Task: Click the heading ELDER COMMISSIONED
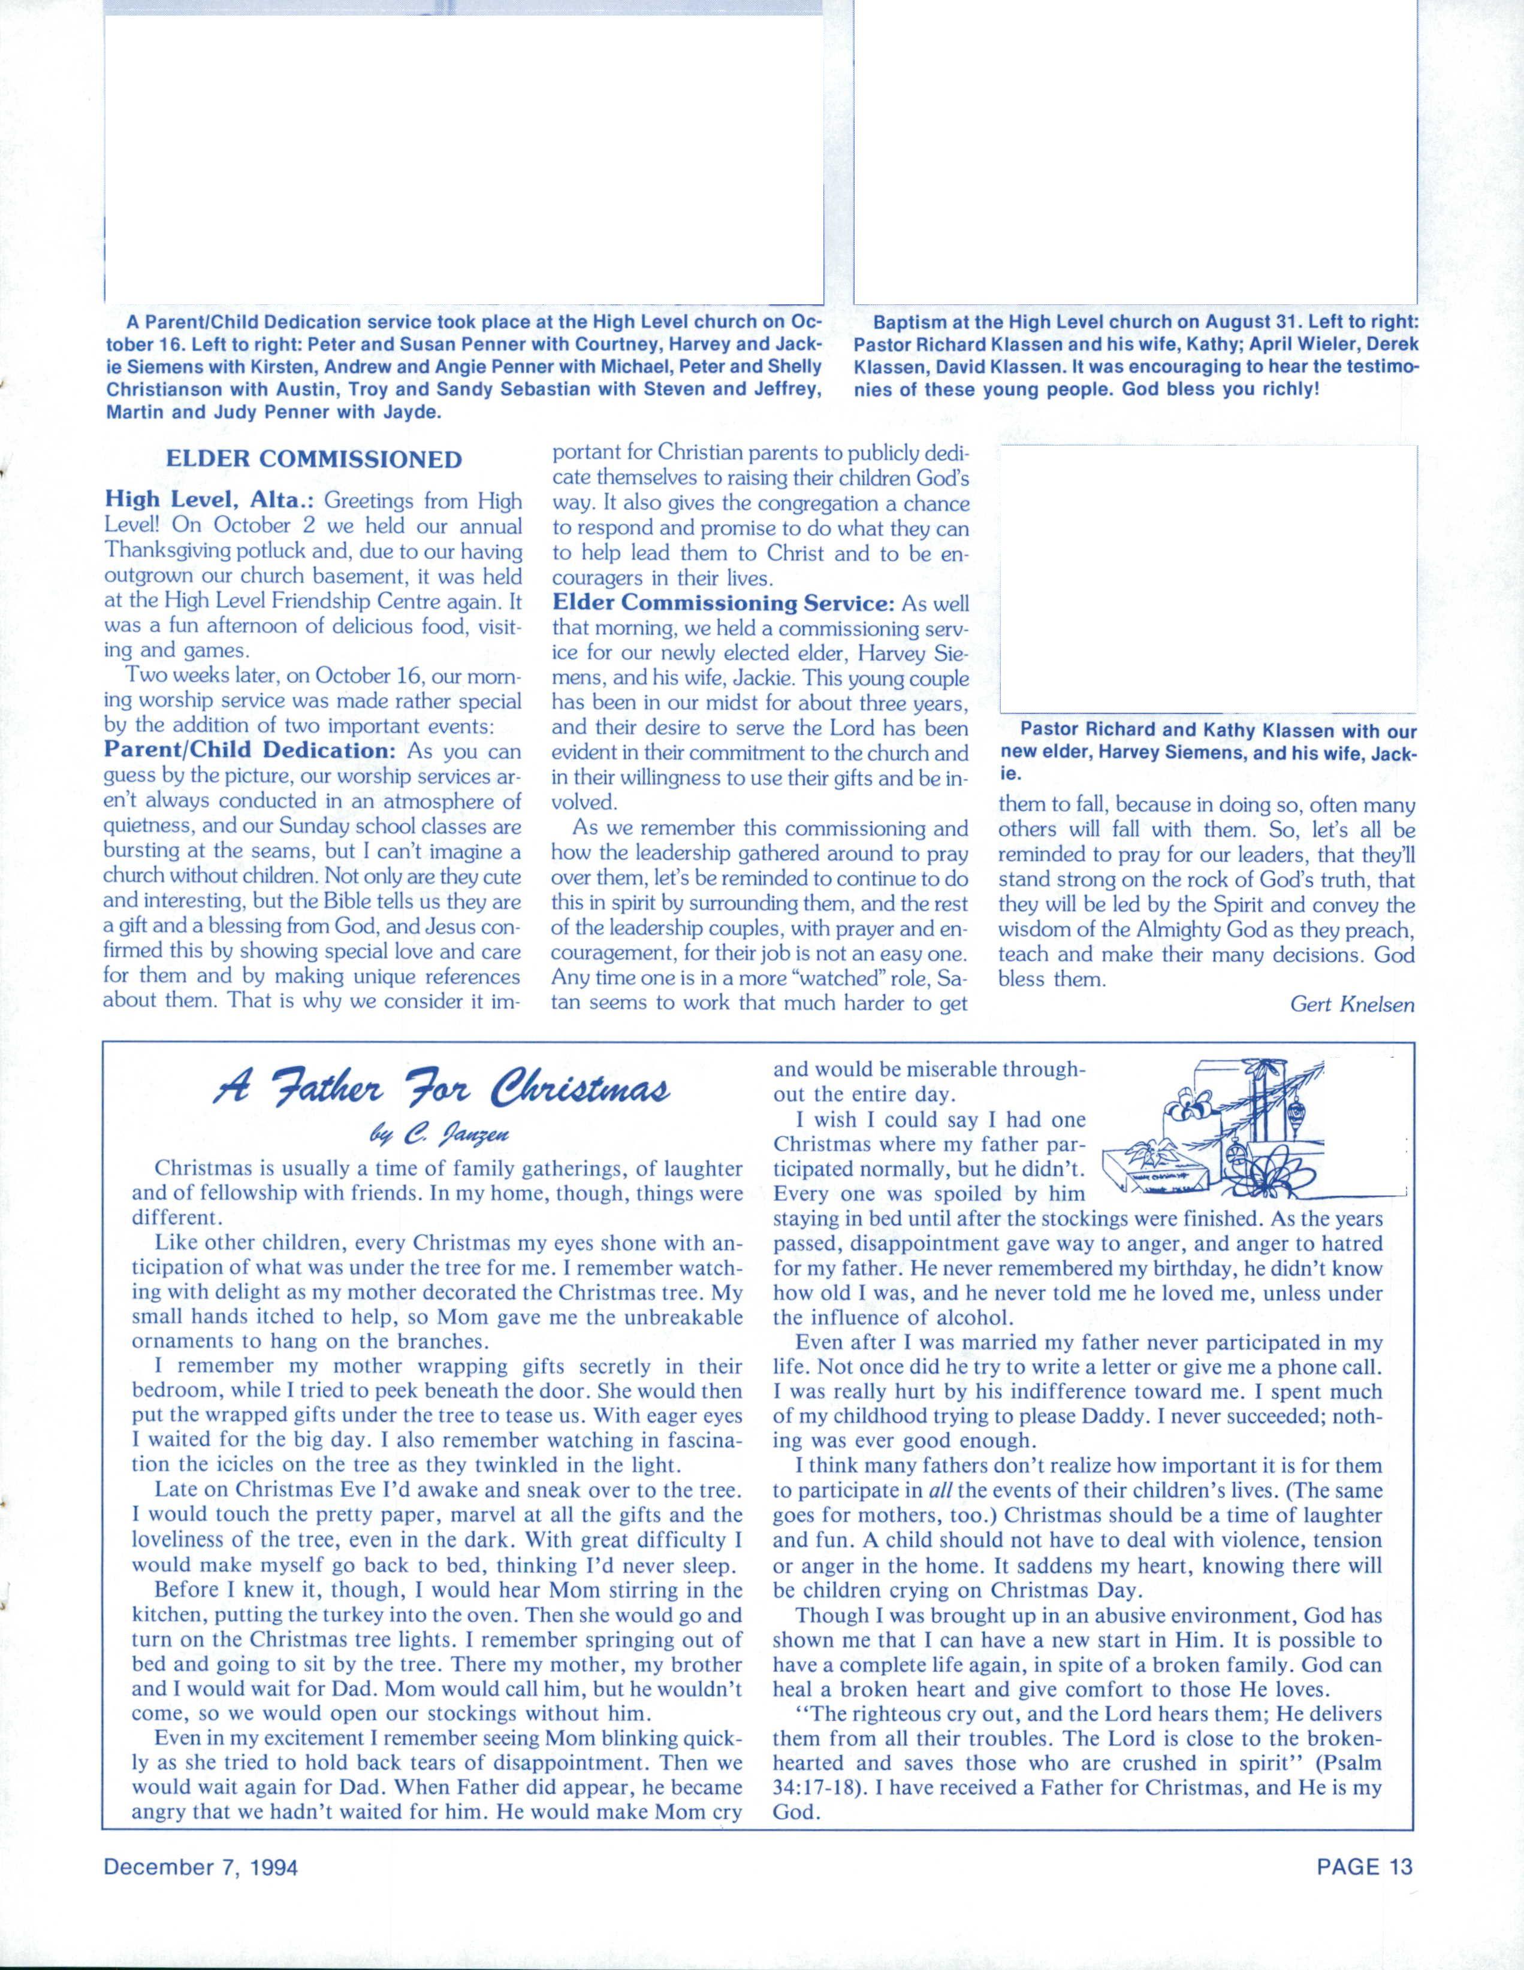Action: pyautogui.click(x=314, y=460)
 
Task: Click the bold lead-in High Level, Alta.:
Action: pyautogui.click(x=209, y=500)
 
